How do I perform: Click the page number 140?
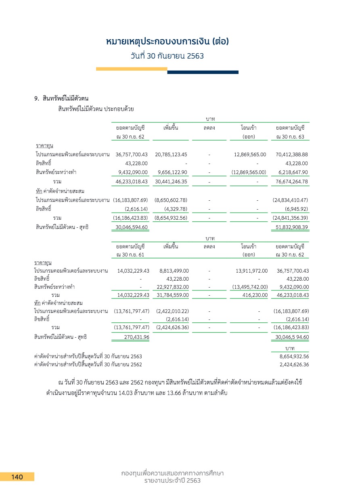pyautogui.click(x=17, y=477)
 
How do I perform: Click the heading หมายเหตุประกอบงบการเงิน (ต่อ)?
pyautogui.click(x=167, y=42)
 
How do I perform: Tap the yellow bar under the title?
pyautogui.click(x=132, y=69)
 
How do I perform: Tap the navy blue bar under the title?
pyautogui.click(x=203, y=72)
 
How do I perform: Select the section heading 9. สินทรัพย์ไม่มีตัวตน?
pyautogui.click(x=61, y=99)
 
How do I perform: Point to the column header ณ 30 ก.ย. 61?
pyautogui.click(x=130, y=254)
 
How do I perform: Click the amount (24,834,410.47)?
pyautogui.click(x=290, y=200)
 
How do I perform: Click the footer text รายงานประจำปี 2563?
pyautogui.click(x=173, y=481)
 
